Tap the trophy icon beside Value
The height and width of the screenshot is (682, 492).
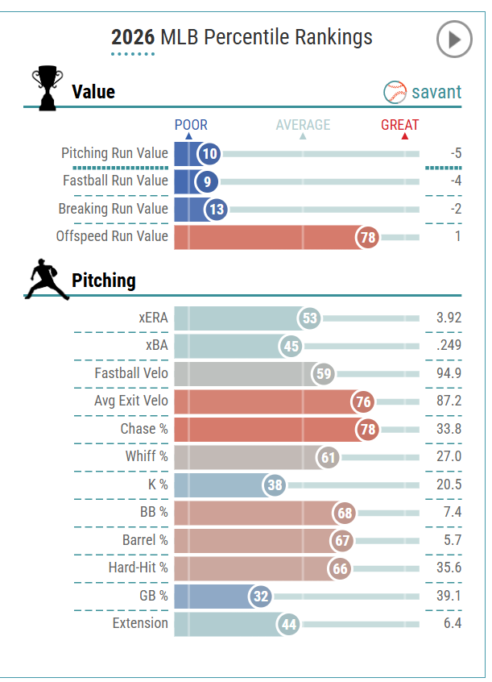47,88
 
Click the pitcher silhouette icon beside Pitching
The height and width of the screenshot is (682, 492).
47,279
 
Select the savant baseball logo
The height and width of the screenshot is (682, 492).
395,91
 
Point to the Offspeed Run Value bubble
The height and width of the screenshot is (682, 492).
368,237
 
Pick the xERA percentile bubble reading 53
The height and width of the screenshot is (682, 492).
309,318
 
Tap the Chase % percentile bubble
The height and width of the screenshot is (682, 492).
368,429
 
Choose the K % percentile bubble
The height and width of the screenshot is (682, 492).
275,485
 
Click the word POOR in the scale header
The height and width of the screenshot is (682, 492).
191,125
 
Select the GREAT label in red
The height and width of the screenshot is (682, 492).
400,125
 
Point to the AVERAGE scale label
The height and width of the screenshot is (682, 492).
303,125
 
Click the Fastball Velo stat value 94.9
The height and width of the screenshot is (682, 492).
449,373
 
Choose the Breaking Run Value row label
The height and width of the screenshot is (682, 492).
113,209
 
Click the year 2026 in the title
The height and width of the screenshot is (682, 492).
133,37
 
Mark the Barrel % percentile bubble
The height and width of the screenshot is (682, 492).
341,540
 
